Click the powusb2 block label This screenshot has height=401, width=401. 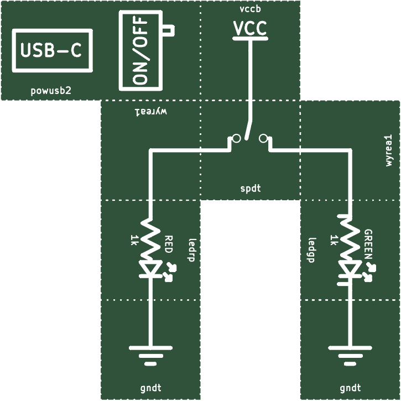point(51,91)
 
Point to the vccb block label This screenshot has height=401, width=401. point(251,9)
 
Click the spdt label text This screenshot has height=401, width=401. point(251,189)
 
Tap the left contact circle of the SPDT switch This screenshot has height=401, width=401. point(236,138)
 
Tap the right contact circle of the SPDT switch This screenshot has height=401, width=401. point(263,138)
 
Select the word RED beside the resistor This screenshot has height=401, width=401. point(169,244)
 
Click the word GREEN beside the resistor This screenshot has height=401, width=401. point(368,244)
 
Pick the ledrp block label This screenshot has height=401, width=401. point(192,250)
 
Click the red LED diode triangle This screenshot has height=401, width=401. point(151,268)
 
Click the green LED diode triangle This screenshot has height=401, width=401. point(350,268)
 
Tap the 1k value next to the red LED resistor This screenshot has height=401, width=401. point(134,240)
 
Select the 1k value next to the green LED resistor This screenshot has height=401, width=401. point(334,240)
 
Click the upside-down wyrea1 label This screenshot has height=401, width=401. point(151,112)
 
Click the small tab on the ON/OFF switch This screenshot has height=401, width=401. point(169,30)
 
